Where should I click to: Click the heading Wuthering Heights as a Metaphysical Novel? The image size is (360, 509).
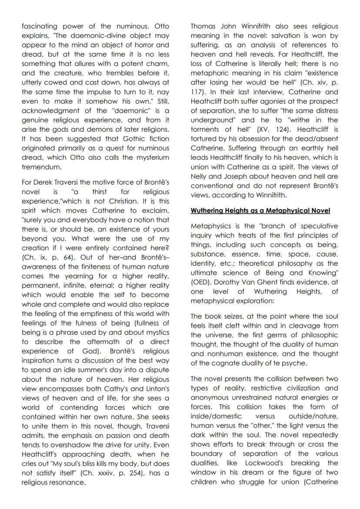[260, 211]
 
